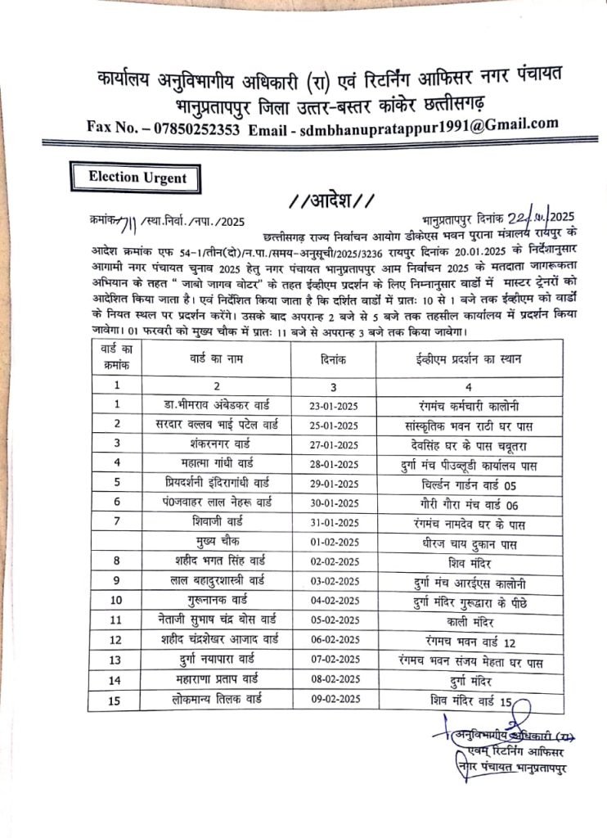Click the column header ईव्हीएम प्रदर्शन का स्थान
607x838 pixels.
click(460, 358)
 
